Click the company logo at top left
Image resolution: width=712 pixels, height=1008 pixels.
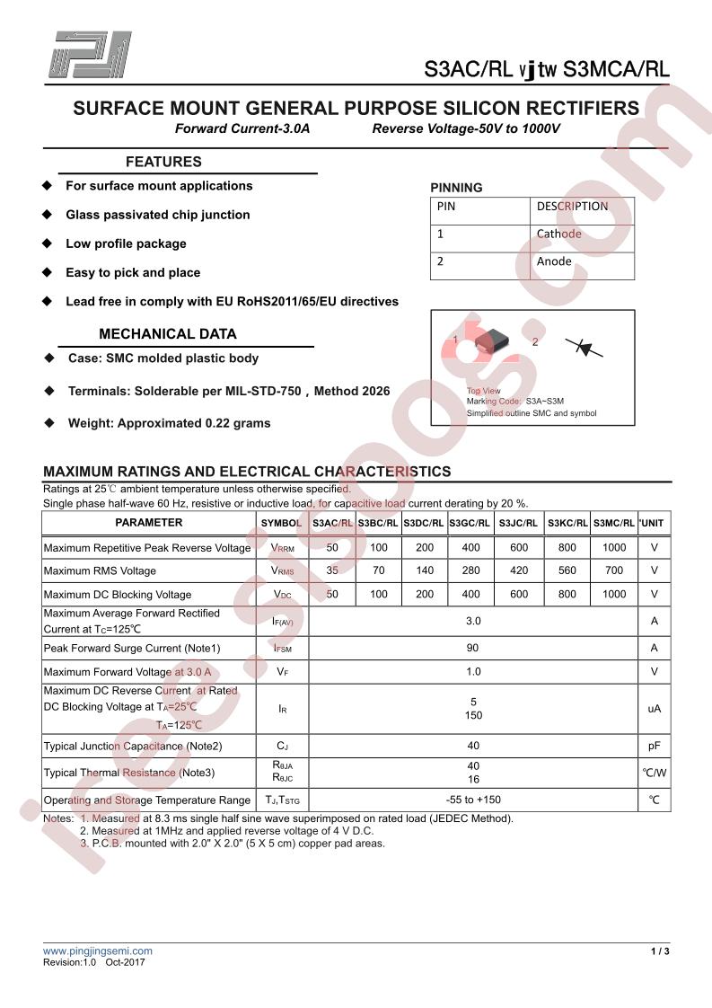91,55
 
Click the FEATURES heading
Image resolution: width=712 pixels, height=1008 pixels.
163,163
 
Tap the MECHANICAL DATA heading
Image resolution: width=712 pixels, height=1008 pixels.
168,334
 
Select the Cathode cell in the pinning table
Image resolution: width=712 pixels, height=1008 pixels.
559,234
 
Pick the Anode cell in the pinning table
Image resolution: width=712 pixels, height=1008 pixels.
554,261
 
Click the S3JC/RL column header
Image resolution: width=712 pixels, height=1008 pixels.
519,523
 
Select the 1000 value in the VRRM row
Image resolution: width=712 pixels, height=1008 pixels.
614,547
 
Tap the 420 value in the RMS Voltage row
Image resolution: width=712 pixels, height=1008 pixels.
519,570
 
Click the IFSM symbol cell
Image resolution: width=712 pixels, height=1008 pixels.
282,649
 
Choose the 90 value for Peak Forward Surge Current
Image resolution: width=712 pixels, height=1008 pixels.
473,649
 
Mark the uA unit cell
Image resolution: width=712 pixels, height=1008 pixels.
654,709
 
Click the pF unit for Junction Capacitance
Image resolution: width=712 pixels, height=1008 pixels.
654,746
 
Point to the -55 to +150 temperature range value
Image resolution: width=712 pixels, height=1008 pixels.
473,800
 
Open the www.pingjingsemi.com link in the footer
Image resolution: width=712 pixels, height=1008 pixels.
98,951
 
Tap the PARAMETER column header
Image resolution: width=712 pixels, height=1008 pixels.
149,523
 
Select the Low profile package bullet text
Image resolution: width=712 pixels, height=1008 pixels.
126,243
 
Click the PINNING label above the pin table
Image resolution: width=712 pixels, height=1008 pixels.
456,188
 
